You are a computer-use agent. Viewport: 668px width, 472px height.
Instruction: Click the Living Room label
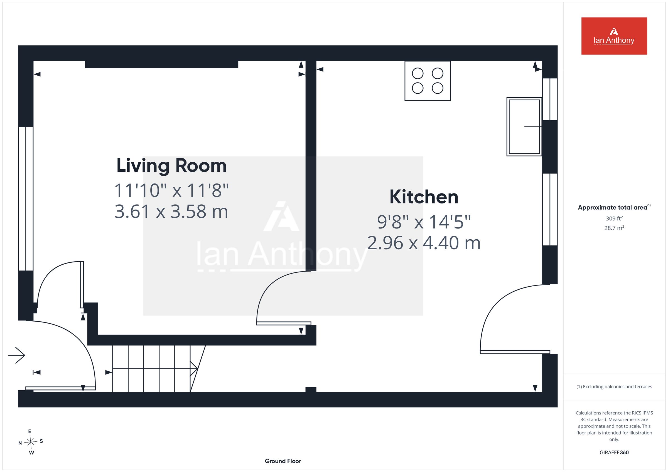[171, 166]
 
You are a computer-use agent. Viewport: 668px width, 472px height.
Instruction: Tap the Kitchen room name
[424, 197]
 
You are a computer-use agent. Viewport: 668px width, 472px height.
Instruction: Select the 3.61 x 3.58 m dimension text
[171, 212]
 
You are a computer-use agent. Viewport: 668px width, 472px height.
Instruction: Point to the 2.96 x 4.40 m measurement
[424, 243]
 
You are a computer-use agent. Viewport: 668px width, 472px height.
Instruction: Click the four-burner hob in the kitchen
[428, 81]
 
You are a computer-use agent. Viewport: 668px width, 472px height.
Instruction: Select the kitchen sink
[524, 127]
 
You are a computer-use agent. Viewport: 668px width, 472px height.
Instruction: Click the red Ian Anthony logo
[614, 36]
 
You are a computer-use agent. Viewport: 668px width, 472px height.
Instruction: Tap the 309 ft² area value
[614, 218]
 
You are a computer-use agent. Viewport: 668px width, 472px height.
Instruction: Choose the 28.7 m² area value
[614, 228]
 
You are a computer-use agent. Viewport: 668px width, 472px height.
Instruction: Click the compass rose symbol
[31, 442]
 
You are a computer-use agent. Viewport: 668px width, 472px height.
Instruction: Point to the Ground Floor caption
[283, 461]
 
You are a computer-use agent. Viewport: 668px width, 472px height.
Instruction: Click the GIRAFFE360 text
[614, 453]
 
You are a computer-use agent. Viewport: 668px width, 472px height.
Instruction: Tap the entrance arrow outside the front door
[17, 355]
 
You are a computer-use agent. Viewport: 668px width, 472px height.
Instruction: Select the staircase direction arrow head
[194, 369]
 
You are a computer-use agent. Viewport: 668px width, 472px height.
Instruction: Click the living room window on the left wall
[26, 199]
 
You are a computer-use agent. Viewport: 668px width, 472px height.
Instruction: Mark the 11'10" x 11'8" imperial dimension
[171, 191]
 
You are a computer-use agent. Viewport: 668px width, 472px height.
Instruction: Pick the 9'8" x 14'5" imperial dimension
[424, 222]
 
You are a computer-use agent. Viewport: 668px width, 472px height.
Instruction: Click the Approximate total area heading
[614, 207]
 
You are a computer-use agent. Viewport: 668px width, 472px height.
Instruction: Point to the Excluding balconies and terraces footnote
[614, 387]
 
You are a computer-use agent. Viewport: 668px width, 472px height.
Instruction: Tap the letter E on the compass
[30, 431]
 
